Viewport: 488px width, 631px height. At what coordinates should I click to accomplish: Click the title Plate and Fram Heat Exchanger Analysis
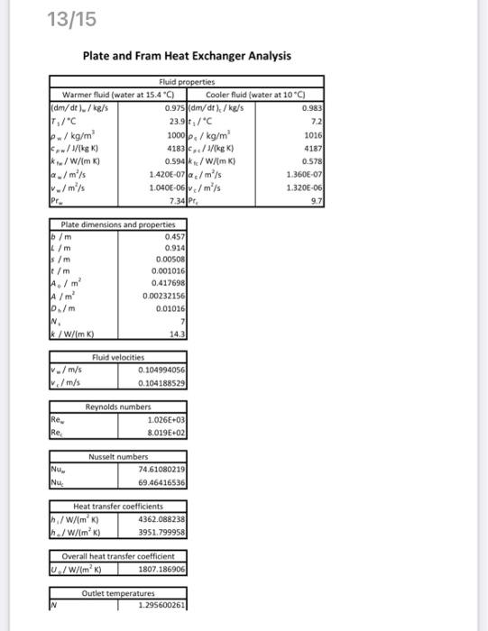click(187, 56)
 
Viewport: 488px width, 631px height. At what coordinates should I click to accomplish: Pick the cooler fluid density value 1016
click(315, 129)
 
